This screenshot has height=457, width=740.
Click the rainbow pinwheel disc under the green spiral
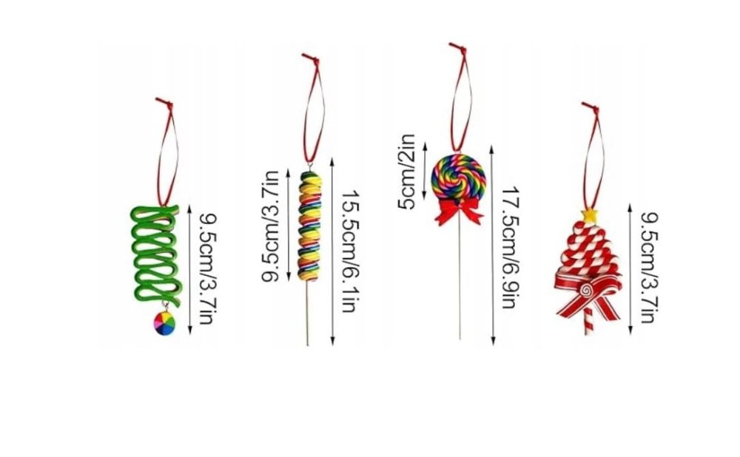click(164, 323)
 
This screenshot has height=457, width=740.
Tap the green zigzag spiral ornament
click(155, 254)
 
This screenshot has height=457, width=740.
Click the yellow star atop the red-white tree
click(590, 215)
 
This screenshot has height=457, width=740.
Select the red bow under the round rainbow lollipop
click(459, 211)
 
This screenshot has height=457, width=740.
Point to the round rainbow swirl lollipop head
click(459, 177)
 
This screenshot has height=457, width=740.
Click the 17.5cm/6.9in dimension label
click(510, 248)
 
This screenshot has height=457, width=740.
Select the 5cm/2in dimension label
click(406, 172)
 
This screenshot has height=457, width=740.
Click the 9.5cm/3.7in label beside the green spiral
click(206, 269)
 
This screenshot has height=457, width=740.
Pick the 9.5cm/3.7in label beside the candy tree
click(649, 268)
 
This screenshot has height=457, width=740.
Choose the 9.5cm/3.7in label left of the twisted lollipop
click(270, 226)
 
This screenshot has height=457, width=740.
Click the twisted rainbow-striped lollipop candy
click(309, 226)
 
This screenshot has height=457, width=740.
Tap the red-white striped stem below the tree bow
click(588, 321)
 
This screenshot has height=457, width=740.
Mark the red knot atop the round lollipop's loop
click(458, 47)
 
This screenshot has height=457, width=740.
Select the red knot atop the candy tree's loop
click(591, 107)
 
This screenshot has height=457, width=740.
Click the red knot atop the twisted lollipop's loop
click(311, 58)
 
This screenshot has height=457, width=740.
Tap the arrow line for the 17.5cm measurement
click(493, 246)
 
